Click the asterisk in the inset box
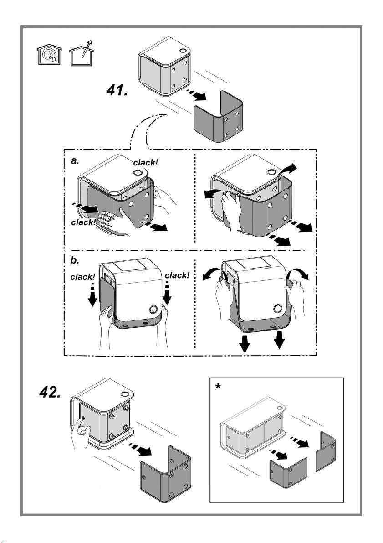(219, 386)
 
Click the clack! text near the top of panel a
(145, 162)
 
